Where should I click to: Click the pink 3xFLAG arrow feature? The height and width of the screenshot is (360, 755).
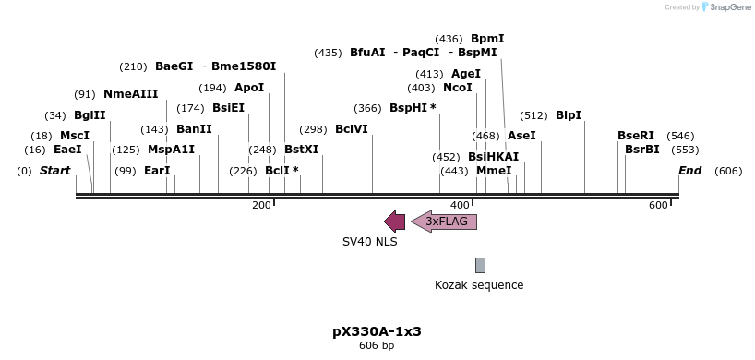pos(444,222)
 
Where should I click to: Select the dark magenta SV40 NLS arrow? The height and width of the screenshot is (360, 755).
pos(394,222)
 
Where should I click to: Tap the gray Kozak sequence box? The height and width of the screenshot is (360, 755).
pos(480,265)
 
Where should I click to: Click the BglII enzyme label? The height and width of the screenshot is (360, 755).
pos(90,115)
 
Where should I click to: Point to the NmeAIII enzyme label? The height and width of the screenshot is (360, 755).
pos(130,94)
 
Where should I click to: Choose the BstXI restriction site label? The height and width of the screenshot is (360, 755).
pos(301,149)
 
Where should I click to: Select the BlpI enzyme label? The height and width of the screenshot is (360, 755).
pos(569,115)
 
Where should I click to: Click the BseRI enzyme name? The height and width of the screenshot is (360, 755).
pos(636,136)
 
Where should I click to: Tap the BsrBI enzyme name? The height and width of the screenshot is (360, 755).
pos(642,149)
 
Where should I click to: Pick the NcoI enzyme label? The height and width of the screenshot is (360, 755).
pos(458,88)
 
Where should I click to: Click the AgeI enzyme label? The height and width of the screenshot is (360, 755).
pos(466,74)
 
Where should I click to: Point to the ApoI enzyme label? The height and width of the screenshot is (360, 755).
pos(249,88)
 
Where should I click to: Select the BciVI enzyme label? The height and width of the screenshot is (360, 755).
pos(351,129)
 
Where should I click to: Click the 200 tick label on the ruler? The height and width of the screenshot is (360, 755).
pos(261,205)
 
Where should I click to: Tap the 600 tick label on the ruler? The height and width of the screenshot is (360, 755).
pos(658,205)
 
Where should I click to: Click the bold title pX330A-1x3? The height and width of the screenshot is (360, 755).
pos(377,330)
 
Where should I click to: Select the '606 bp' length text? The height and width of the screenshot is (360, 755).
pos(377,346)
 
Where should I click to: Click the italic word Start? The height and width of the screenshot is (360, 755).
pos(55,171)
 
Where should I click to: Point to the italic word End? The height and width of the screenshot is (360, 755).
pos(689,171)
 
